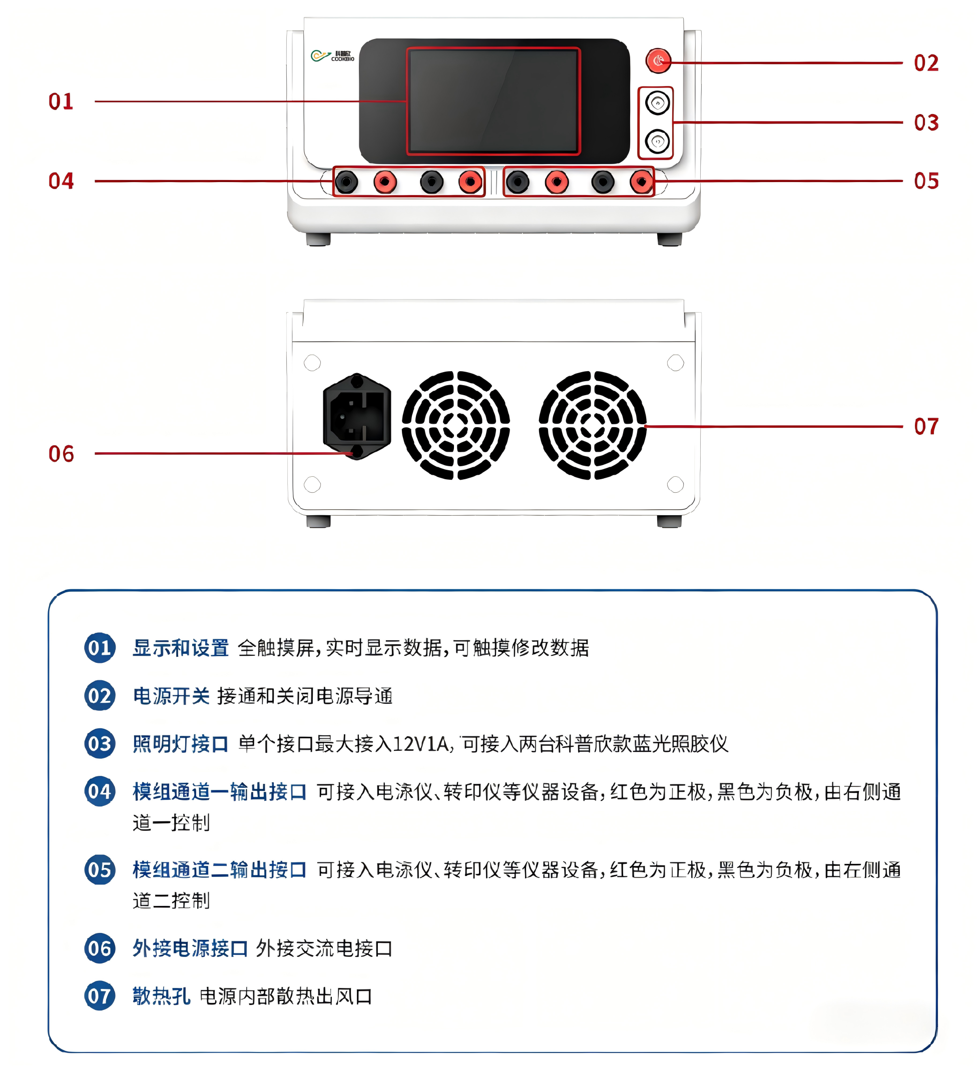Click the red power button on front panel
tap(658, 61)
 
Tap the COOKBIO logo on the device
tap(332, 56)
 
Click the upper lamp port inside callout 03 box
tap(657, 103)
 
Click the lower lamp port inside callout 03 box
tap(657, 141)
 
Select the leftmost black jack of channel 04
tap(346, 182)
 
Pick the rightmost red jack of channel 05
tap(642, 182)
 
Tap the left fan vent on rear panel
tap(455, 425)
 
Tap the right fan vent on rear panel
tap(592, 425)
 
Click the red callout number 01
tap(61, 102)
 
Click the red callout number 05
tap(926, 181)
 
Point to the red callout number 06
tap(61, 454)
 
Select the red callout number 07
tap(926, 426)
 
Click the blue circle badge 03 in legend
tap(100, 743)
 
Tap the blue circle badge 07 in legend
tap(100, 995)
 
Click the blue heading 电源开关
tap(171, 696)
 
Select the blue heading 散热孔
tap(161, 996)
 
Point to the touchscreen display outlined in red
tap(493, 101)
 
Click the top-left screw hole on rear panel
tap(312, 363)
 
